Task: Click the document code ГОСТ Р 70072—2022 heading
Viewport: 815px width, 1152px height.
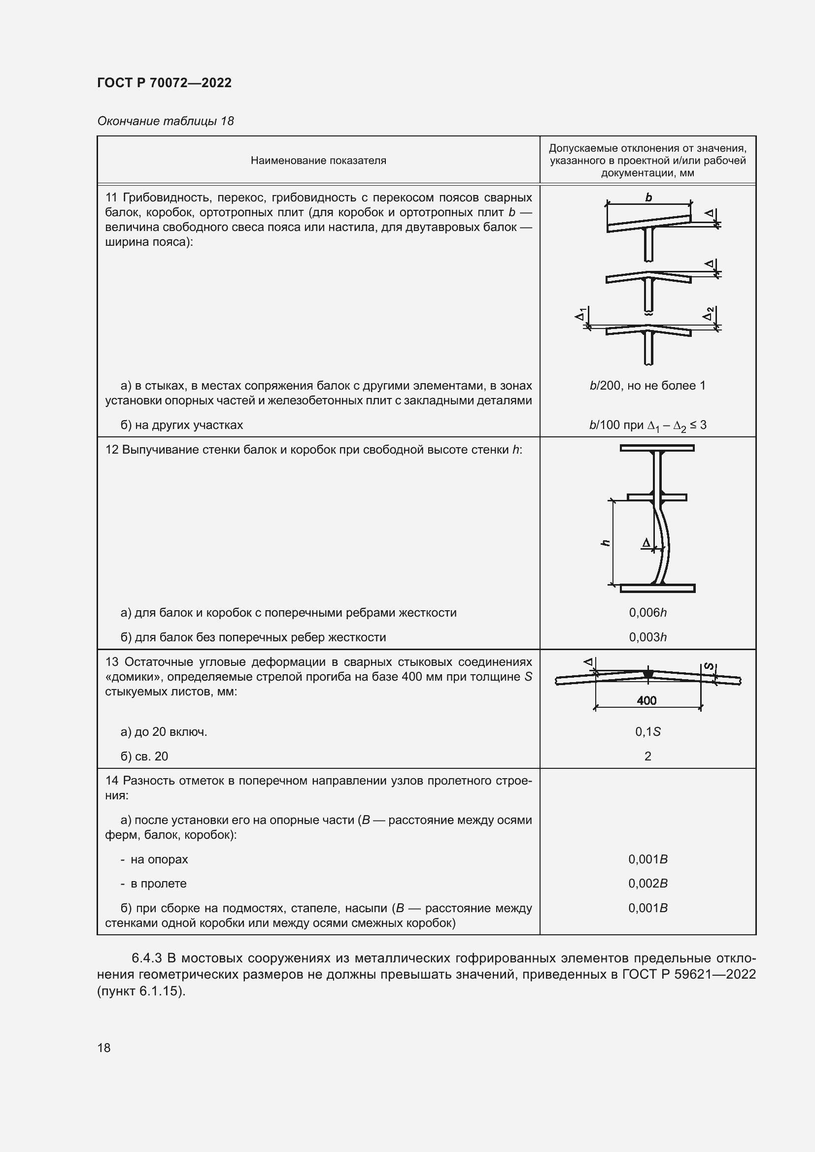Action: click(x=165, y=83)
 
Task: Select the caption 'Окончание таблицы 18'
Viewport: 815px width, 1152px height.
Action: click(x=166, y=121)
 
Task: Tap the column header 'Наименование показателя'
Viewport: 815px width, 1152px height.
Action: click(x=318, y=161)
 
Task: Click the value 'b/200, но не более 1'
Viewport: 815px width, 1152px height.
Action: click(x=647, y=385)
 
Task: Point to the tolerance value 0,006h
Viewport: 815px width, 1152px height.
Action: click(x=647, y=612)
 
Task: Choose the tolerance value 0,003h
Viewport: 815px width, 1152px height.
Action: click(x=647, y=637)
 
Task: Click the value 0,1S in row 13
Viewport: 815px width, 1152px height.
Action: click(x=647, y=731)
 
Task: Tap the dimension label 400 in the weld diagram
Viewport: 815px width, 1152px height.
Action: click(x=646, y=700)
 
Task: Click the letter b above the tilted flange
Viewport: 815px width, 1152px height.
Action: click(x=648, y=197)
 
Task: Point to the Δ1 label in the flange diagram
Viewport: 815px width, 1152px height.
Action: click(x=580, y=315)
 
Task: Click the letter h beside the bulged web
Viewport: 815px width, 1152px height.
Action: click(x=606, y=542)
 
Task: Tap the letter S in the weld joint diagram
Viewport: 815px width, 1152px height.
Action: click(x=709, y=666)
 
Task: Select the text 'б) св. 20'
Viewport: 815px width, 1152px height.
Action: click(x=144, y=756)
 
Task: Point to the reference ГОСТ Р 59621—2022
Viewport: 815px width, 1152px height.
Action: click(x=688, y=974)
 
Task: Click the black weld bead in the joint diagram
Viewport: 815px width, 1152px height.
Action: click(x=648, y=674)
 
